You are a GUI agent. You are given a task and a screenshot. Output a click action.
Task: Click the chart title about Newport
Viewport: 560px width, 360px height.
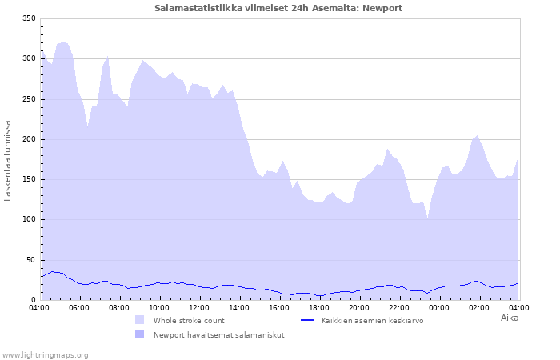coord(278,8)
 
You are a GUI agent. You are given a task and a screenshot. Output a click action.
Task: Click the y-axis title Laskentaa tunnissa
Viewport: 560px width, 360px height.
coord(9,160)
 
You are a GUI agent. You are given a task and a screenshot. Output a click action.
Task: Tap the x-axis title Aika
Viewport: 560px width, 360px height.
coord(510,318)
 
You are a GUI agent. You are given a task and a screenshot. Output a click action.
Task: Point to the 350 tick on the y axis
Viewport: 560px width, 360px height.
coord(29,18)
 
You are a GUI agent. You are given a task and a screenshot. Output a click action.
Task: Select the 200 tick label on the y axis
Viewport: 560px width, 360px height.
coord(29,139)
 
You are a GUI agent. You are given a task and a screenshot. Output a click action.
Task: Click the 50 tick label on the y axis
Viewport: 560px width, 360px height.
coord(31,260)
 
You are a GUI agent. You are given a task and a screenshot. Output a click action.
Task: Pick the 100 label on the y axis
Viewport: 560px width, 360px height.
coord(29,219)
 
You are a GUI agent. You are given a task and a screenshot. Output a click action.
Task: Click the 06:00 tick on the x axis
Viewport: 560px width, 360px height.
coord(79,307)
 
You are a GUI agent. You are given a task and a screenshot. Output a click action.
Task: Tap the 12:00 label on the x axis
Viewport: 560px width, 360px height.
coord(199,307)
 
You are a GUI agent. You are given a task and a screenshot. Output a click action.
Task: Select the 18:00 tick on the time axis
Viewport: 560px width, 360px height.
coord(319,307)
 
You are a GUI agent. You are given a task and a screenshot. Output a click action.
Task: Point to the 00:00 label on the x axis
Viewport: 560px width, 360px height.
coord(439,307)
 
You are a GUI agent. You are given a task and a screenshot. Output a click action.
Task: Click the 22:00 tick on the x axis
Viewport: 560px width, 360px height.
coord(399,307)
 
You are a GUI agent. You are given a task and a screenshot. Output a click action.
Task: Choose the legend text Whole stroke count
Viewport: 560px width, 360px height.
coord(190,320)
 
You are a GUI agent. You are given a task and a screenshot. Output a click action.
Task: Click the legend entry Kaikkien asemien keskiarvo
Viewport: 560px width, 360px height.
coord(372,320)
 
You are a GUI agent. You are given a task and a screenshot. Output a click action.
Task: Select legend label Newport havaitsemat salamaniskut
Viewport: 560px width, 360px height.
coord(219,334)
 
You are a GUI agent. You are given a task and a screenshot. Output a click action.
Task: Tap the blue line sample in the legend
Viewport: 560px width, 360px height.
coord(308,320)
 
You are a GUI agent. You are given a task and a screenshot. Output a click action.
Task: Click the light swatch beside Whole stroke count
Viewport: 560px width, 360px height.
coord(140,320)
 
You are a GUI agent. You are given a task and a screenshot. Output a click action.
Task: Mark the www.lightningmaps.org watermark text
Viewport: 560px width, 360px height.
coord(45,354)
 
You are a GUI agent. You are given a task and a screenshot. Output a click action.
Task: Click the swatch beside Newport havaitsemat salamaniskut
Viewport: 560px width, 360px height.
coord(140,334)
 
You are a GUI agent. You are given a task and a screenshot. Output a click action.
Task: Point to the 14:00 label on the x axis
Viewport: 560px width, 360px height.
coord(239,307)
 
